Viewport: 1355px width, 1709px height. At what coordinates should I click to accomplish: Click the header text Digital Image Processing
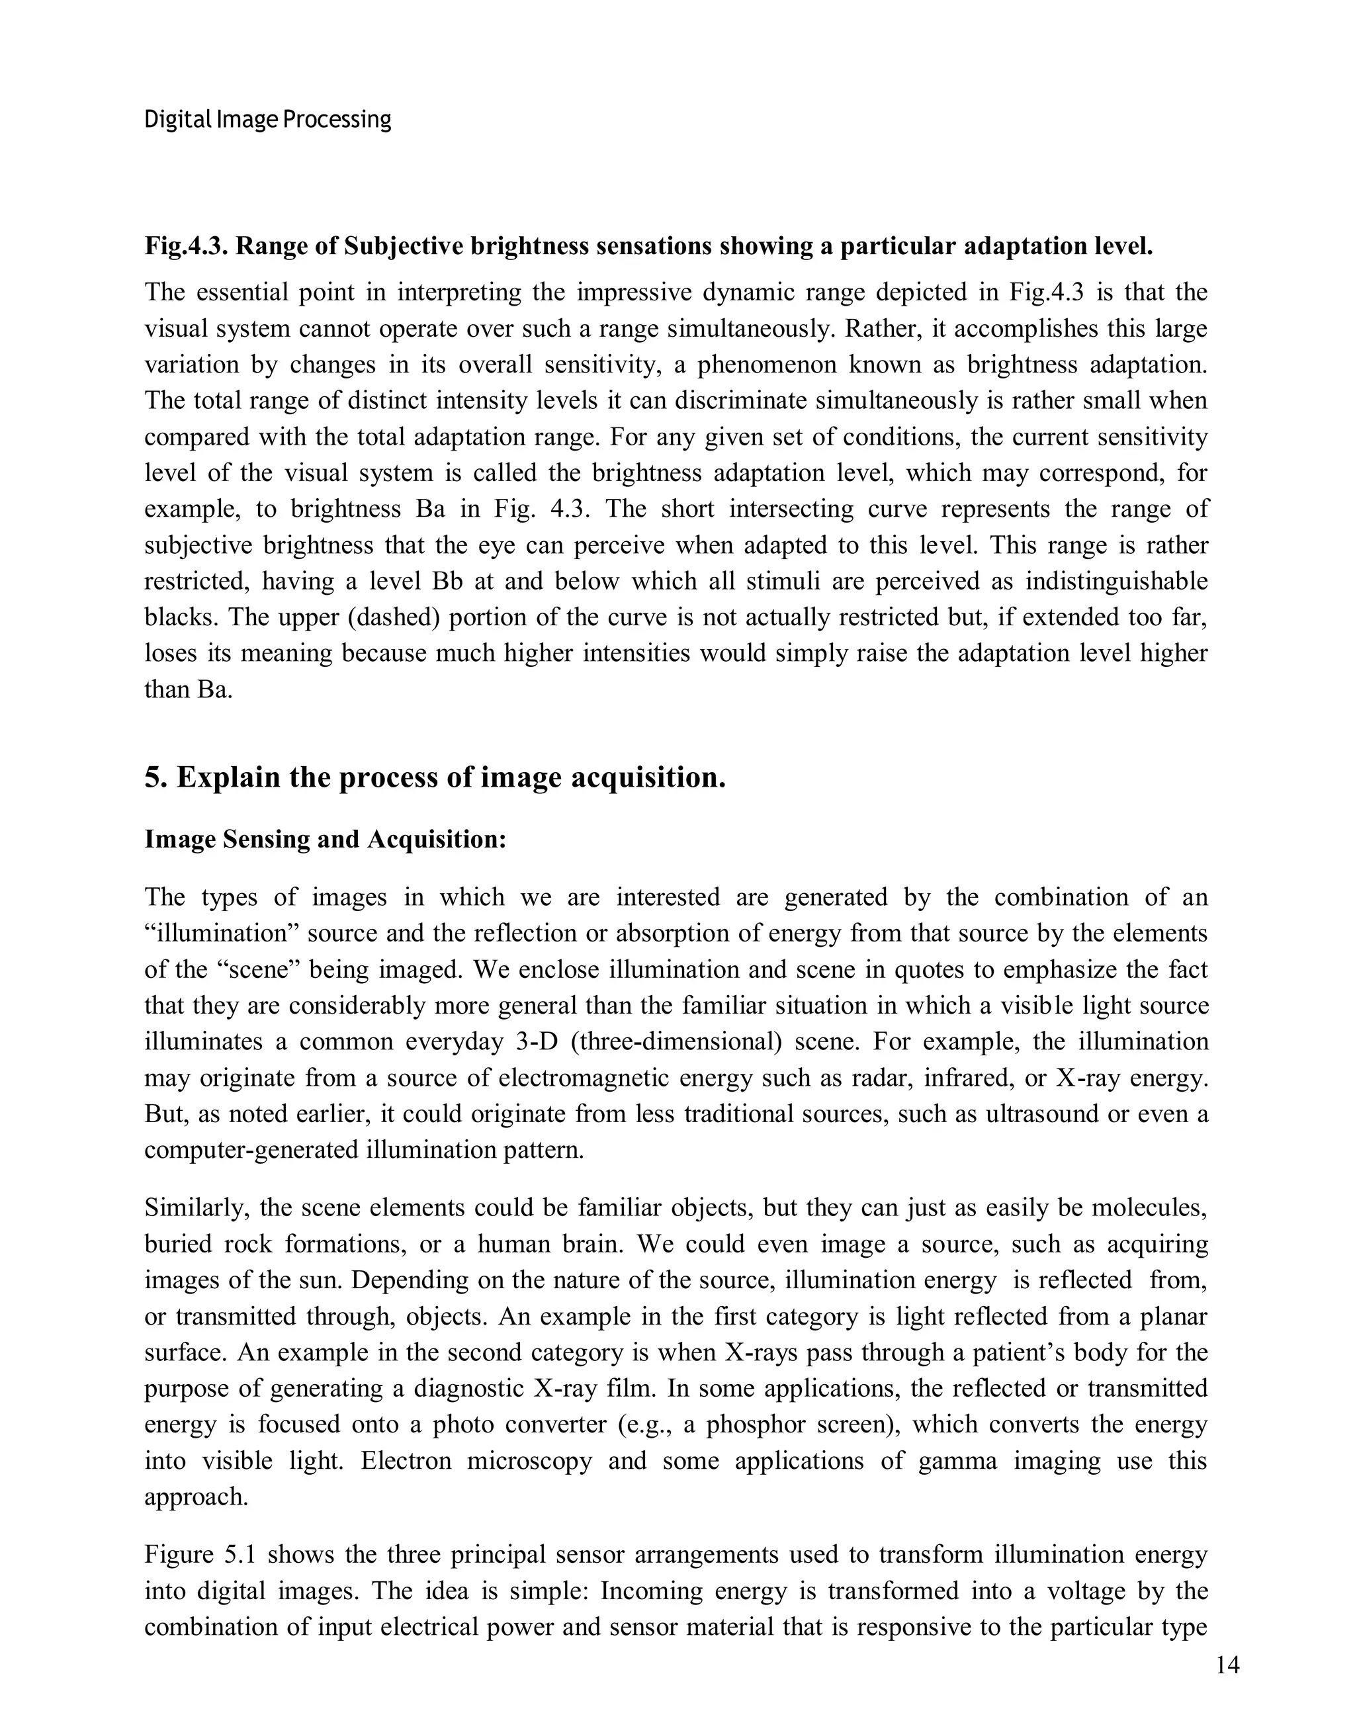point(267,120)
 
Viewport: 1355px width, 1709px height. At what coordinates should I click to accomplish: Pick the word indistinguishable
point(1115,581)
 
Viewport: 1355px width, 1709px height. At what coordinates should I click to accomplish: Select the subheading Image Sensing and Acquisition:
point(325,839)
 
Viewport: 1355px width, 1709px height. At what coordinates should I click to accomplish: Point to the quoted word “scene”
point(257,969)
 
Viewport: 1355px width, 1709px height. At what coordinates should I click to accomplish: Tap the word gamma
point(957,1460)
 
